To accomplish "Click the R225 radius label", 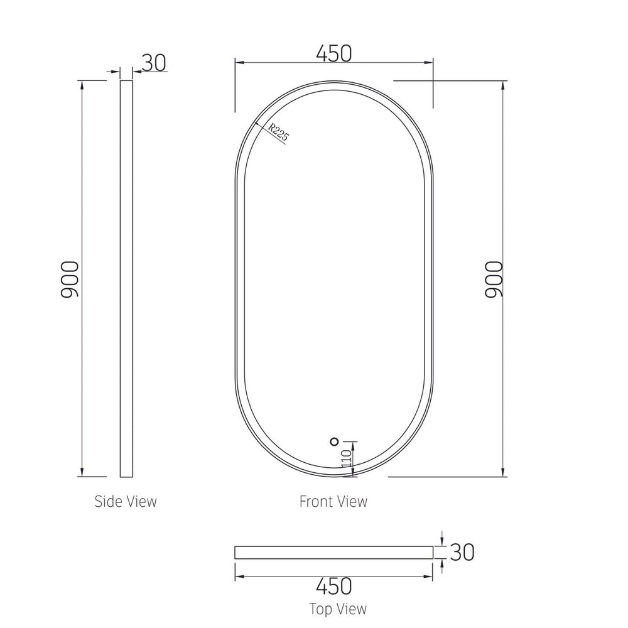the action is coord(278,132).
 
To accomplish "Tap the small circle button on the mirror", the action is coord(334,441).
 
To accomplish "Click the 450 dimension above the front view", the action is coord(334,53).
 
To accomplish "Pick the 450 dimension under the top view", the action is coord(334,586).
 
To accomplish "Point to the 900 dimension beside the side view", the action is coord(70,279).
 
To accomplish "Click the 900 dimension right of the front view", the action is coord(494,279).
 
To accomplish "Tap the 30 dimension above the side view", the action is coord(154,63).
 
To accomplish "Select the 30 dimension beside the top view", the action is coord(462,552).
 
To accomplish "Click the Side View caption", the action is coord(126,501).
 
